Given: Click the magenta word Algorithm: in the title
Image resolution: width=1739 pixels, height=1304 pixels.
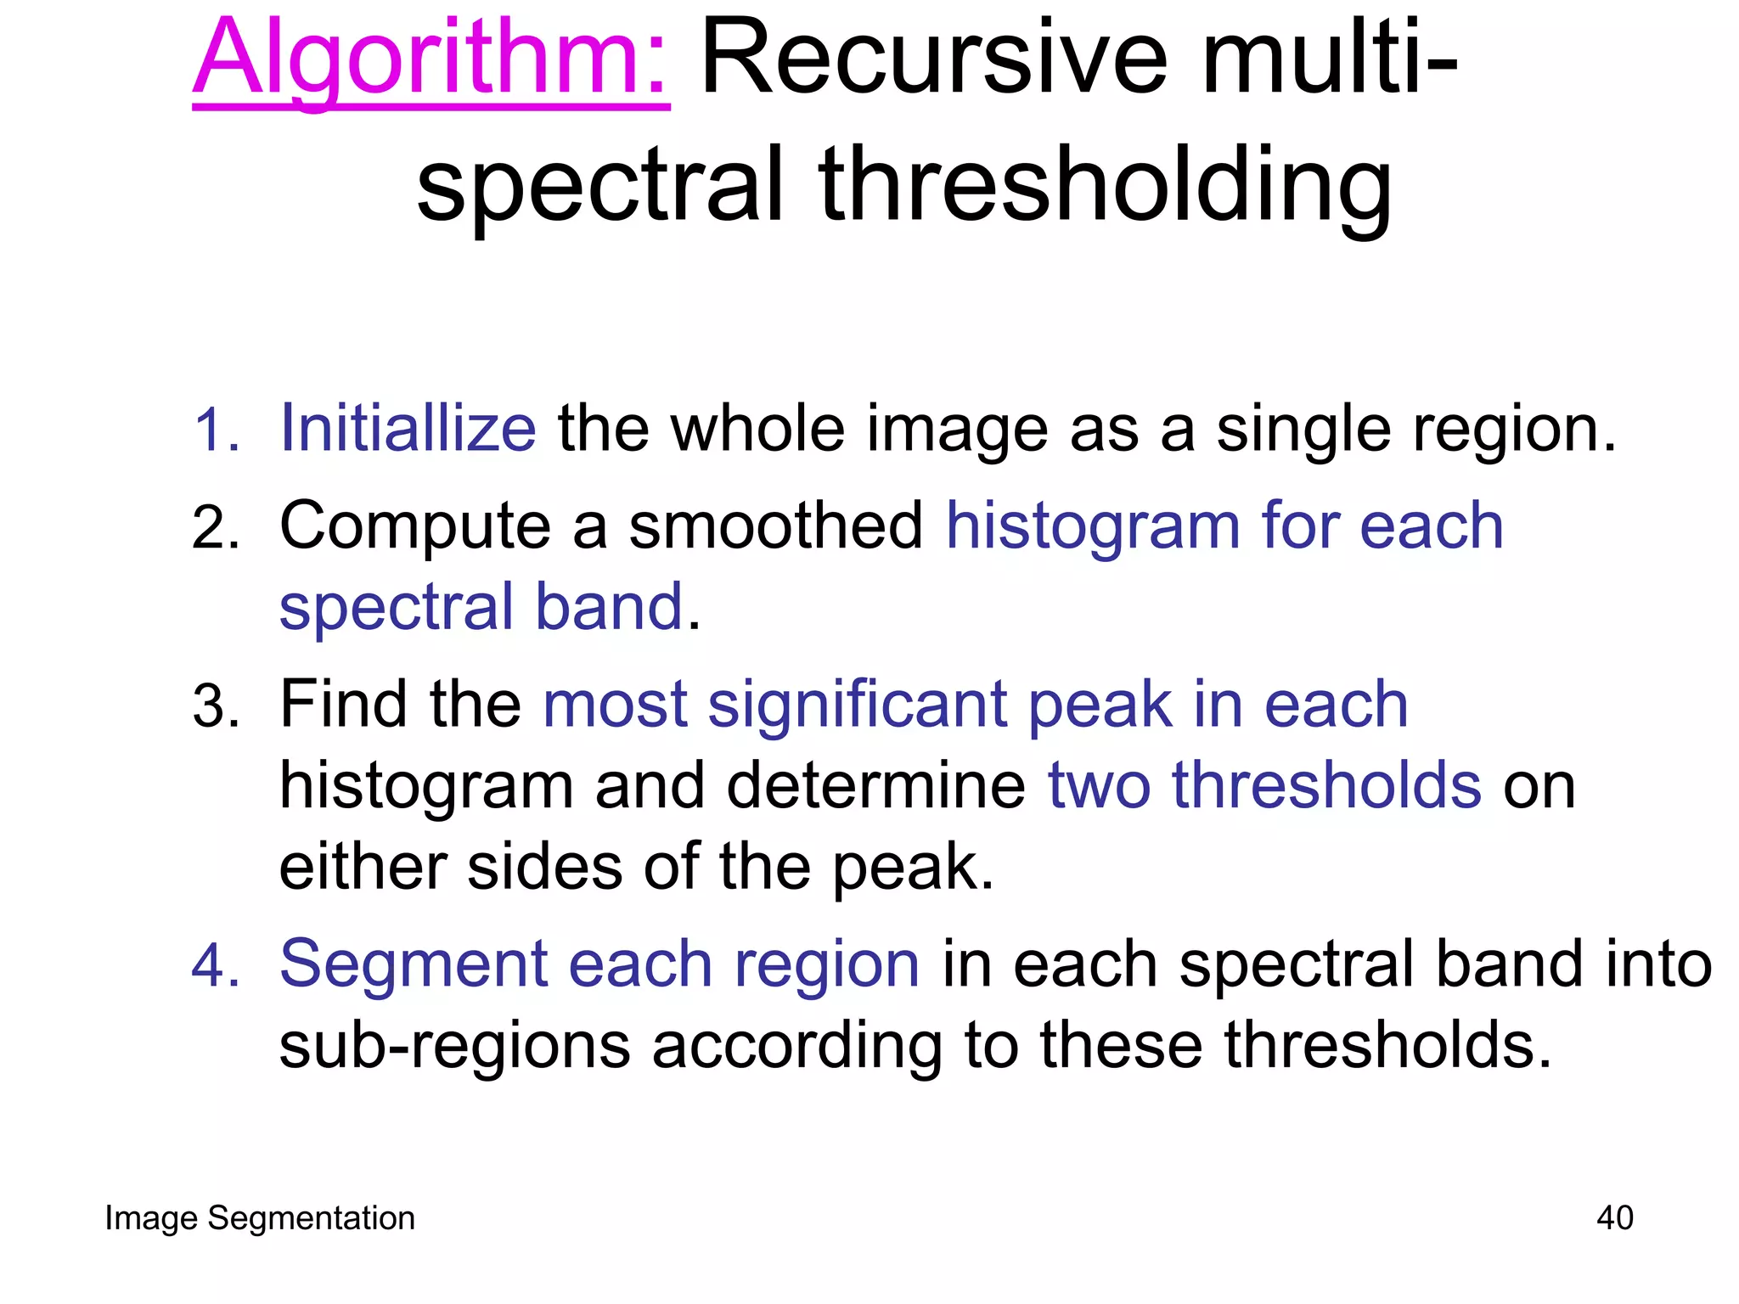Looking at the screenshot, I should pyautogui.click(x=431, y=59).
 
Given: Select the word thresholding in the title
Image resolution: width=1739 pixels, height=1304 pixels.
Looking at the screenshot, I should pyautogui.click(x=1105, y=186).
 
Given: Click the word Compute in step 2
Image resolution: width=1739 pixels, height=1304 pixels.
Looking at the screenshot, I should pyautogui.click(x=415, y=527).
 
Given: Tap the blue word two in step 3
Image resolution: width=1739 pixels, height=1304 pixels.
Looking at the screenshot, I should pyautogui.click(x=1099, y=785).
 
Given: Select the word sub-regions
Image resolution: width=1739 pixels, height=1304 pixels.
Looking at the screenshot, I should pyautogui.click(x=454, y=1046).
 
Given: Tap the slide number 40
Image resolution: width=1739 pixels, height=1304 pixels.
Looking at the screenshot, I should pyautogui.click(x=1614, y=1218).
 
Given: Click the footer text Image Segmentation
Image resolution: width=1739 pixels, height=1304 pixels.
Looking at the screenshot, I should pyautogui.click(x=260, y=1218).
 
